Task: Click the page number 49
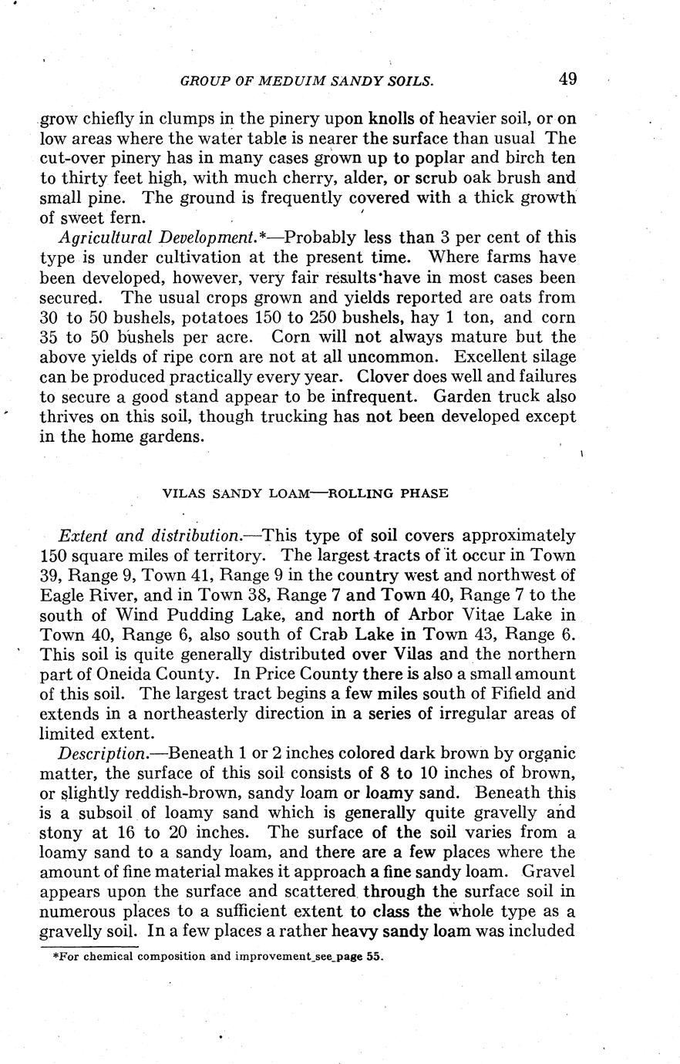click(x=568, y=79)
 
